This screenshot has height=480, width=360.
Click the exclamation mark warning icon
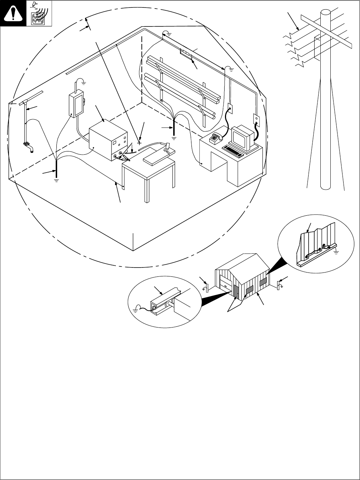point(13,13)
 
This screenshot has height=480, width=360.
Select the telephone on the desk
point(216,137)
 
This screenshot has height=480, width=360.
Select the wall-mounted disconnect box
point(76,104)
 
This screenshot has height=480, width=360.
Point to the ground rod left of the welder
point(56,168)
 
